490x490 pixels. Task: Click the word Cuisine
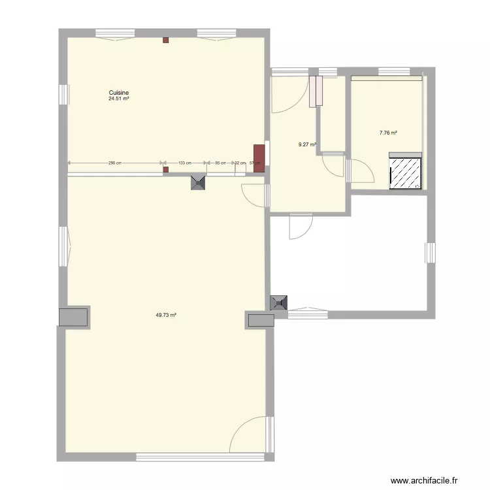[x=118, y=93]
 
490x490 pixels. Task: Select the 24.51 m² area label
[x=118, y=99]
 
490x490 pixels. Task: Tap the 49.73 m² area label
[x=166, y=315]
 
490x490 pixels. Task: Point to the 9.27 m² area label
[x=307, y=144]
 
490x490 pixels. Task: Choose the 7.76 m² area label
[x=388, y=133]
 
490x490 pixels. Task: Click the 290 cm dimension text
[x=114, y=163]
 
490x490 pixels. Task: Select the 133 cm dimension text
[x=185, y=163]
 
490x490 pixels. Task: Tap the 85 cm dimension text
[x=220, y=163]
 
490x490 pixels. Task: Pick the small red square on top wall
[x=165, y=40]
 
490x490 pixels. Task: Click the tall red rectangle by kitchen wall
[x=259, y=158]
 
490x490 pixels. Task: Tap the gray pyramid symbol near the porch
[x=279, y=302]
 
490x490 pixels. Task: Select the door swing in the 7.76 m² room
[x=361, y=171]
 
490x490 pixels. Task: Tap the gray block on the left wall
[x=73, y=317]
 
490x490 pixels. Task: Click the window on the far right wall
[x=431, y=252]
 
